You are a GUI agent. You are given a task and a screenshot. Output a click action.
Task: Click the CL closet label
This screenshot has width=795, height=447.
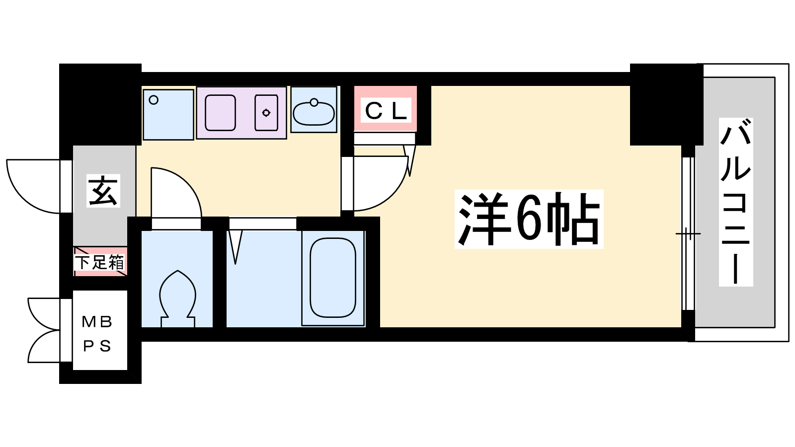pos(386,110)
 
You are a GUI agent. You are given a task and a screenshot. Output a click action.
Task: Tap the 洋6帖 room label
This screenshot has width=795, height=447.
pos(529,219)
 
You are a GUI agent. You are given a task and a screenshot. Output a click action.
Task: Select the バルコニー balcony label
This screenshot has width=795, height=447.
pos(736,202)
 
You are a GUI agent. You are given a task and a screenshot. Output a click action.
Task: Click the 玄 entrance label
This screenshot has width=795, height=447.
pos(103,191)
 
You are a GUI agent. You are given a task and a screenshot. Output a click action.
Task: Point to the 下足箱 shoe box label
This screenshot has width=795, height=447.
pos(100,262)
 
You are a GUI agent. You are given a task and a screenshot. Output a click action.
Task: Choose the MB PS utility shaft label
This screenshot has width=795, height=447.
pos(97,334)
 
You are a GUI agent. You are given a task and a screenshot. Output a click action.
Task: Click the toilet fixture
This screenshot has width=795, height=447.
pos(177,298)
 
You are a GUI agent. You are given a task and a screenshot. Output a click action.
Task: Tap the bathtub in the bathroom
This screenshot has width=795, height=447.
pos(333,278)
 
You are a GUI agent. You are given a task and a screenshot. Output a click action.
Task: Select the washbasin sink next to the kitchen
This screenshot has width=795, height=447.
pos(314,112)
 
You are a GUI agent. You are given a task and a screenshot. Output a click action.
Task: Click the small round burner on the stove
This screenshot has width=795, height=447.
pos(266,113)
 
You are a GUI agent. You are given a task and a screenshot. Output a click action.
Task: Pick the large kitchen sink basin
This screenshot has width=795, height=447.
pos(221,113)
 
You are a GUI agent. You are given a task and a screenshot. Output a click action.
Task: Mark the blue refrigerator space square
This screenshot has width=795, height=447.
pos(168,115)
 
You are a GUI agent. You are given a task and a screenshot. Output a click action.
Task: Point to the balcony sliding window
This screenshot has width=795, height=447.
pos(688,233)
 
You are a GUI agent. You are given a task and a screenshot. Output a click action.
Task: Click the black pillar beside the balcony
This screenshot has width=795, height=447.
pos(666,104)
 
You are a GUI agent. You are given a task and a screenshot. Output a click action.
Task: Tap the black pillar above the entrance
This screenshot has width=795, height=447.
pos(100,104)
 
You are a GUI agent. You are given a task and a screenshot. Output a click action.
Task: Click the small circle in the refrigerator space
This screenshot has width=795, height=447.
pos(154,100)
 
